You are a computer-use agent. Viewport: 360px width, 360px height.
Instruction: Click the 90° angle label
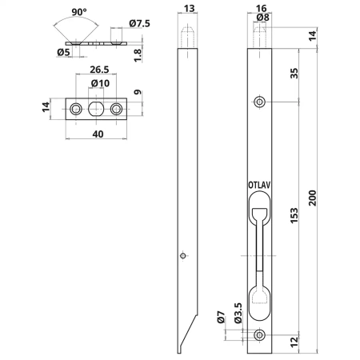pyautogui.click(x=79, y=12)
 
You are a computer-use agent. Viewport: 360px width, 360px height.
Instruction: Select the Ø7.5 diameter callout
pyautogui.click(x=139, y=23)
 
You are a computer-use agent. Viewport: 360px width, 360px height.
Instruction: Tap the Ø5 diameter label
pyautogui.click(x=63, y=52)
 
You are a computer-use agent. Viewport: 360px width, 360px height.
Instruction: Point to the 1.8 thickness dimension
pyautogui.click(x=138, y=55)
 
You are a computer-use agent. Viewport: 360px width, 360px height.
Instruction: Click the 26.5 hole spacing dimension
pyautogui.click(x=99, y=70)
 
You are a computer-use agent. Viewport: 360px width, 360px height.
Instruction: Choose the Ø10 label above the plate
pyautogui.click(x=100, y=83)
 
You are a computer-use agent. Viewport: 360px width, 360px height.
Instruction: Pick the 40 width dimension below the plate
pyautogui.click(x=98, y=134)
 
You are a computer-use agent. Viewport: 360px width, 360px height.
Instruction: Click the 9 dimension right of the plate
pyautogui.click(x=138, y=93)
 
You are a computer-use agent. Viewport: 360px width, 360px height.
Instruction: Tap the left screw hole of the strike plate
pyautogui.click(x=76, y=109)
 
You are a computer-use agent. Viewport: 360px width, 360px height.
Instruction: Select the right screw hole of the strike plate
pyautogui.click(x=117, y=109)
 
